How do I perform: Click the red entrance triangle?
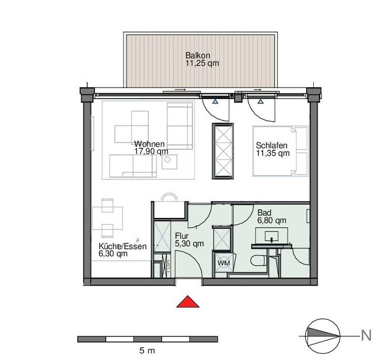[188, 302]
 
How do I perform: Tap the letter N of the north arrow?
[366, 335]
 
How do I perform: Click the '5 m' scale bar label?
[147, 350]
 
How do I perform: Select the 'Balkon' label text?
[198, 55]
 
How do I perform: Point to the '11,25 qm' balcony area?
[202, 63]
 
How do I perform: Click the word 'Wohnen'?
[149, 144]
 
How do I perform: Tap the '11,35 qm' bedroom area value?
[273, 153]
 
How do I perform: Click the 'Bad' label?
[264, 213]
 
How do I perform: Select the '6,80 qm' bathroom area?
[272, 220]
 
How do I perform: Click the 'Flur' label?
[182, 236]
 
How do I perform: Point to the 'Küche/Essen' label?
[123, 247]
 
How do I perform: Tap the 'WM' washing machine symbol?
[224, 263]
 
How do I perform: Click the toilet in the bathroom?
[259, 261]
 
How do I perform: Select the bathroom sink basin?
[272, 236]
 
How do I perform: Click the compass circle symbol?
[323, 336]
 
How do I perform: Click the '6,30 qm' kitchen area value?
[113, 254]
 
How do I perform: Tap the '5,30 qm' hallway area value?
[189, 244]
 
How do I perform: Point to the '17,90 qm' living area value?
[151, 151]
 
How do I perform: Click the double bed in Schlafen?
[280, 151]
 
